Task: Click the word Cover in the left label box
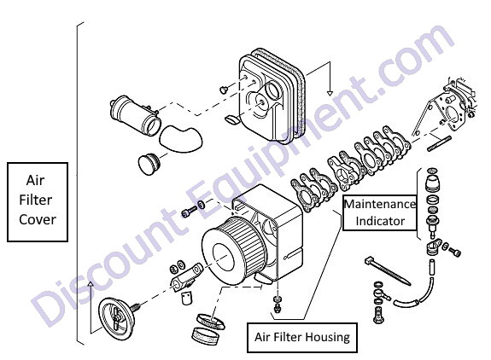(x=38, y=219)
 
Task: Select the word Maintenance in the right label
(x=380, y=204)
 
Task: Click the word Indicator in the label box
(x=380, y=221)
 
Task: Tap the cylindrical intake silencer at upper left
(x=136, y=115)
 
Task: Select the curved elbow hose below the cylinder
(x=181, y=138)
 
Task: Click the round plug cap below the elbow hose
(x=149, y=164)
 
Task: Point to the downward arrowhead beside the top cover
(x=330, y=93)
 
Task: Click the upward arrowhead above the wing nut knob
(x=91, y=284)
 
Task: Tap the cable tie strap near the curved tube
(x=387, y=271)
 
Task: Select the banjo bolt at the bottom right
(x=378, y=315)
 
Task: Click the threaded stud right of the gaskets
(x=439, y=143)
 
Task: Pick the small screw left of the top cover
(x=224, y=90)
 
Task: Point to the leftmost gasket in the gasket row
(x=302, y=195)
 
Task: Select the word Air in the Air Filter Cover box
(x=35, y=180)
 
